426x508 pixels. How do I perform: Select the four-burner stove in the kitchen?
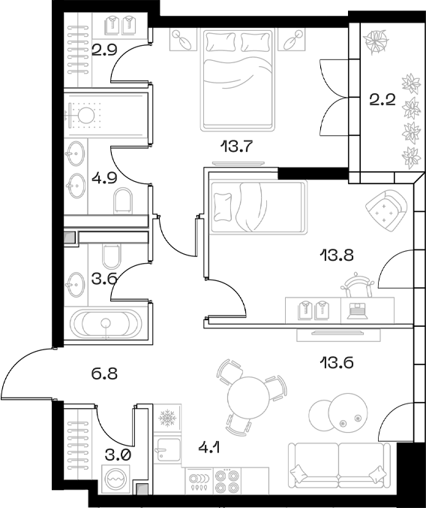click(x=225, y=481)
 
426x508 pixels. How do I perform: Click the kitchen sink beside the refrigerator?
click(x=166, y=453)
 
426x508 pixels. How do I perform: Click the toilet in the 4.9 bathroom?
click(x=124, y=200)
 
